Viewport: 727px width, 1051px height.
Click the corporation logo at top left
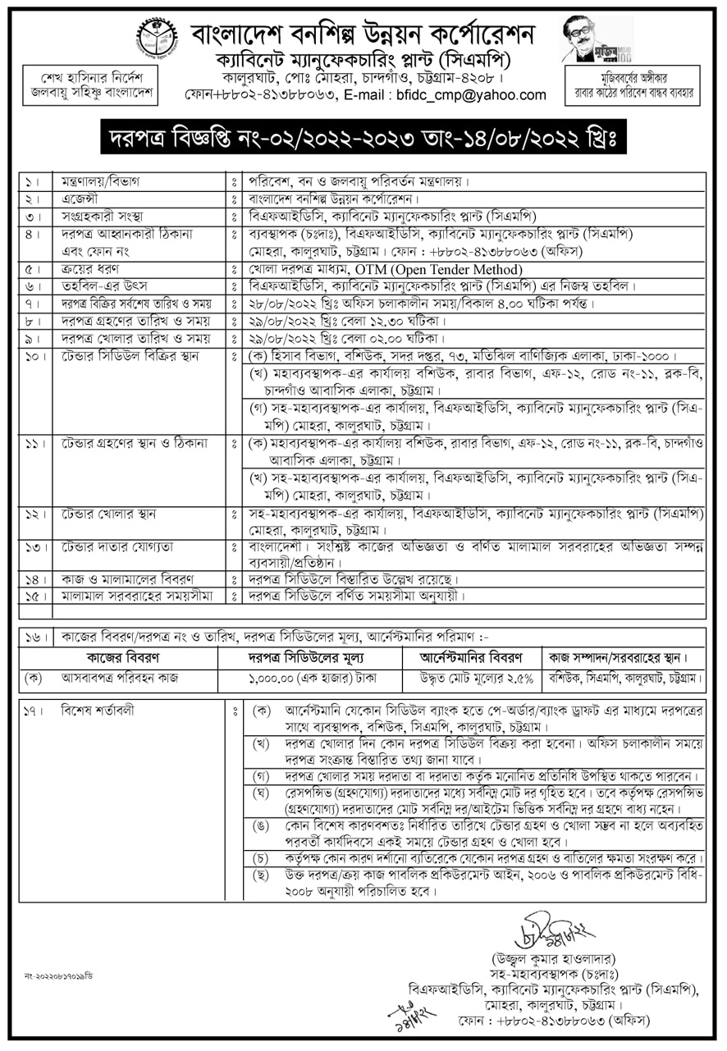(x=156, y=37)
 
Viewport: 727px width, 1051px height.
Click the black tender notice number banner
(x=363, y=136)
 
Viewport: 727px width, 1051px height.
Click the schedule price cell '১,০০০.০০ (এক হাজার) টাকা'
(x=312, y=679)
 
